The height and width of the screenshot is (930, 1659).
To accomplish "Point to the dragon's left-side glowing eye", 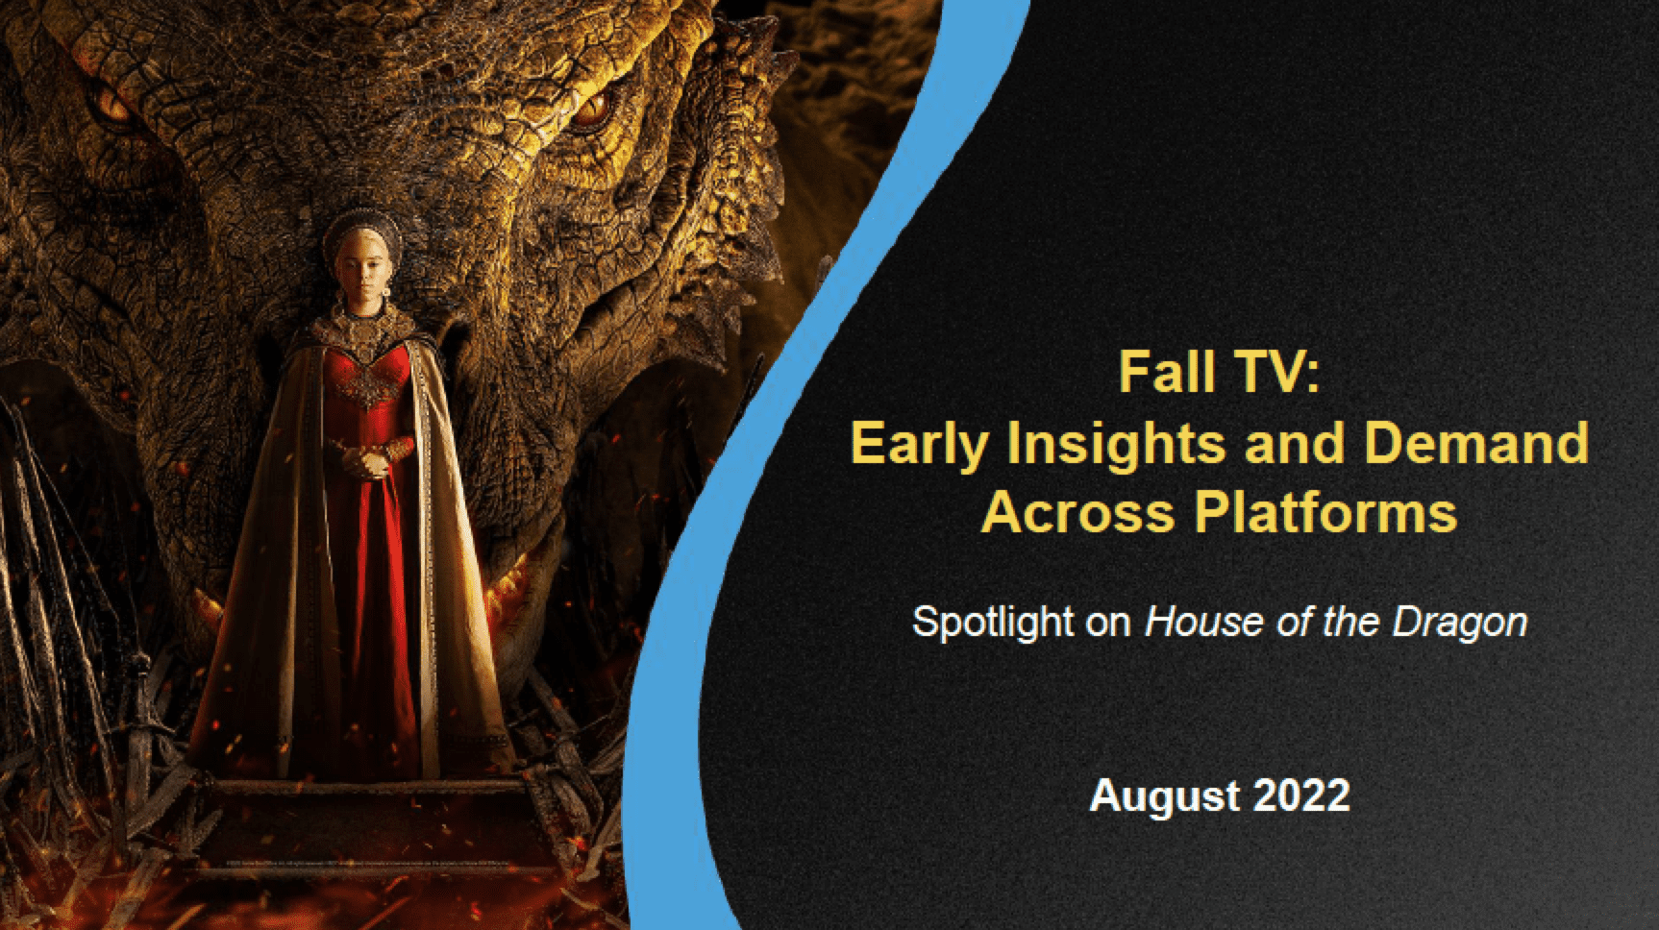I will pyautogui.click(x=113, y=113).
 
